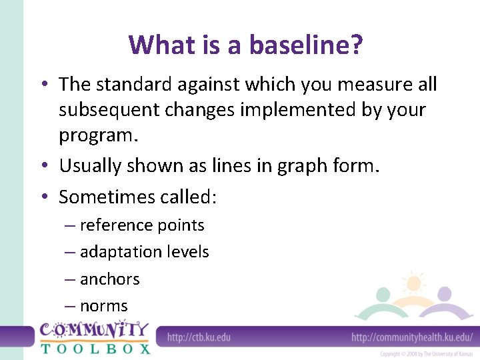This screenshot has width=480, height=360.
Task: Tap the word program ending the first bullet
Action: [x=97, y=135]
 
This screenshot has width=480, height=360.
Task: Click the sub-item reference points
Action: [x=141, y=225]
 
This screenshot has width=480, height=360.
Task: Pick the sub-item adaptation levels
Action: [x=144, y=252]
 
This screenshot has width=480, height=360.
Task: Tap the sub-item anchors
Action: [x=109, y=279]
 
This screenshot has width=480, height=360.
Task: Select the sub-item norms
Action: [x=103, y=306]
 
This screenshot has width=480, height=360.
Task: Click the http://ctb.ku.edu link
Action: [x=199, y=337]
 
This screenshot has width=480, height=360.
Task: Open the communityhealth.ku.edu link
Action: [x=412, y=337]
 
